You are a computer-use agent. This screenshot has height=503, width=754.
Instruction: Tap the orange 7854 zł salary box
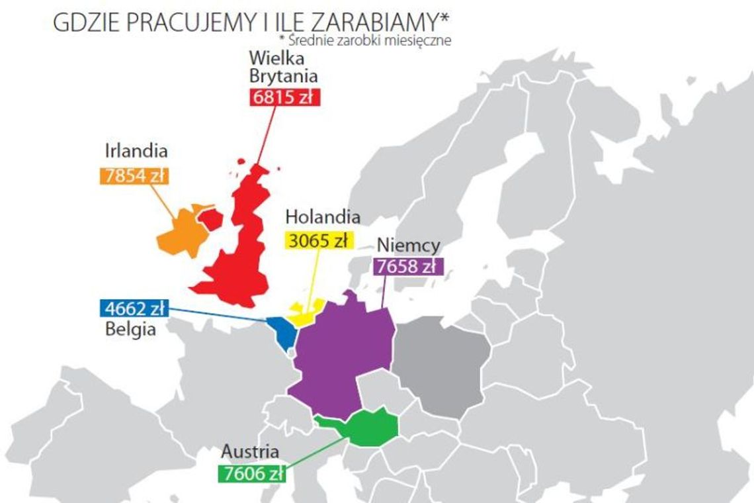[134, 176]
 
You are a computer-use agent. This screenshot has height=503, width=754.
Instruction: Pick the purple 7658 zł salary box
[407, 267]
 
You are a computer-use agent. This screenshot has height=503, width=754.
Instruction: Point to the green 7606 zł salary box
[252, 474]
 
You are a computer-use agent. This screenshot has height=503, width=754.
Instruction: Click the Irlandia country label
[136, 152]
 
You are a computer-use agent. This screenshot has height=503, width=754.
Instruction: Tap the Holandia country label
[323, 217]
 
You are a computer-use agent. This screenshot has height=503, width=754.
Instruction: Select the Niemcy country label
[408, 246]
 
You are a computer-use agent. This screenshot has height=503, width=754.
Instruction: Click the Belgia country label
[130, 329]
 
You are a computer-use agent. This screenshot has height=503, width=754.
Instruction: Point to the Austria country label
[249, 452]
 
